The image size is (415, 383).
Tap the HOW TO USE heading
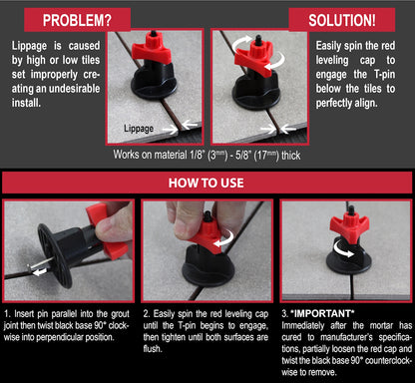click(x=207, y=184)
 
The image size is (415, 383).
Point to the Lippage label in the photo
click(x=139, y=129)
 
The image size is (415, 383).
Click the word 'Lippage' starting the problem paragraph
click(x=30, y=46)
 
